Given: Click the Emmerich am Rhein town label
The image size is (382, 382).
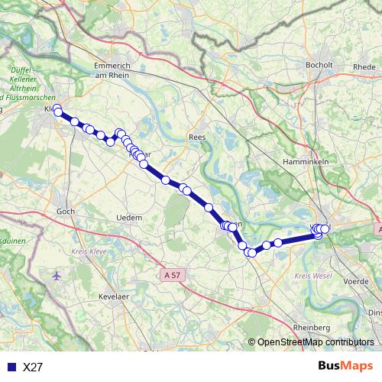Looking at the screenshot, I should pos(113,70).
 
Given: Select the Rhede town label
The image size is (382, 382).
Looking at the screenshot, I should pos(364,66).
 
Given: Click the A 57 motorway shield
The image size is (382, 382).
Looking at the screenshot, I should pos(173,273).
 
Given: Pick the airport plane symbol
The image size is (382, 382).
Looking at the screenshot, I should pos(57,275).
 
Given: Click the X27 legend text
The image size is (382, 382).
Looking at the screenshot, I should pos(33,367).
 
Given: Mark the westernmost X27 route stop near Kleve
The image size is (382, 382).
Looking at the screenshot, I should pos(58,112).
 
